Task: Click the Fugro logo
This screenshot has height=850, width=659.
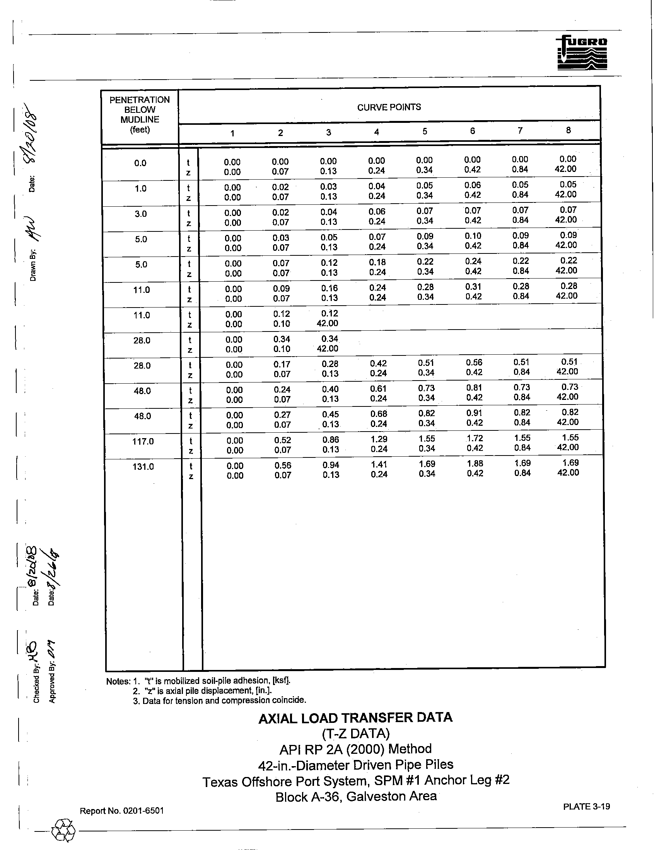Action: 582,53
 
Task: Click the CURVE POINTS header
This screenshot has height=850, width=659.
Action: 389,107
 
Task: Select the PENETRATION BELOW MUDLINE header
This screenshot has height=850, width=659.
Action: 140,115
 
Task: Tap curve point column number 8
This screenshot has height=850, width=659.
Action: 568,130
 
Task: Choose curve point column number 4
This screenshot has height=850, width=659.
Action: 377,132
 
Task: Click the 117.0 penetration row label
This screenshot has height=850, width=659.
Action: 143,441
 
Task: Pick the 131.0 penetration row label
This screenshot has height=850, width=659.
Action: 143,467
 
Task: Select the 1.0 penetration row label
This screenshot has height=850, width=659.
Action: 140,189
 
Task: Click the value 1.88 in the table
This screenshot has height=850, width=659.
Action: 475,464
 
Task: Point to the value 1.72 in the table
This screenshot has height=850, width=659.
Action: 475,438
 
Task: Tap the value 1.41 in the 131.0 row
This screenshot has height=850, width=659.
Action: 379,464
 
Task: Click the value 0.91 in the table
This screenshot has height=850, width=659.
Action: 475,413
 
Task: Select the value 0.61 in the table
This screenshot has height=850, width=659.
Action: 378,388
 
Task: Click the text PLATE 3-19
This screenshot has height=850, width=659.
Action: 586,806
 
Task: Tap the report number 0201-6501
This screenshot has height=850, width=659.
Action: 121,811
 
